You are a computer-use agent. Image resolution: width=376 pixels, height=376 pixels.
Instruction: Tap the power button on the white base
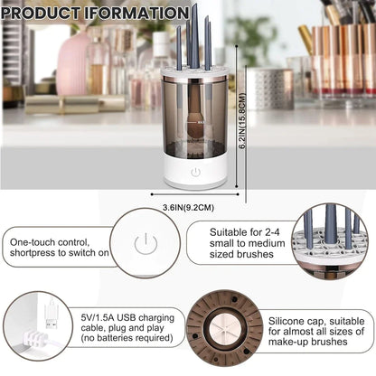(194, 171)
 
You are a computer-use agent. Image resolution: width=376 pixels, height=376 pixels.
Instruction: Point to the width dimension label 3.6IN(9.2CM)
(194, 207)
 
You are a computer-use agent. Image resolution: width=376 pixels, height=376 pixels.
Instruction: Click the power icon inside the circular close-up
(142, 243)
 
